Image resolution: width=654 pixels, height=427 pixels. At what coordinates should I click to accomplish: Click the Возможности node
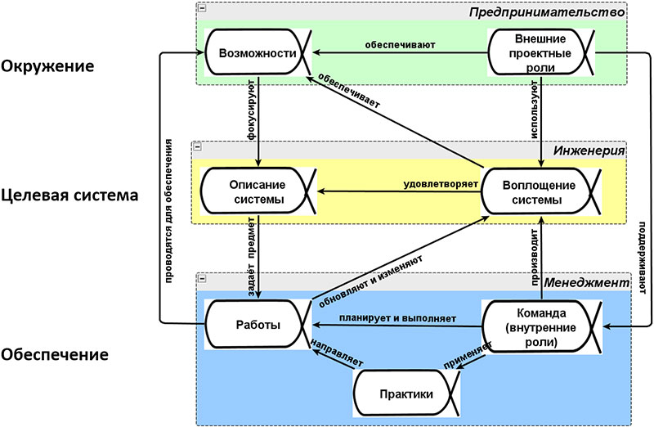[x=257, y=53]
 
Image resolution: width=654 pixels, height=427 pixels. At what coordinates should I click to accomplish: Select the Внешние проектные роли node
[x=542, y=52]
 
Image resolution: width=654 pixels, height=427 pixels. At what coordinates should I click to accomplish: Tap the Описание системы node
[x=257, y=192]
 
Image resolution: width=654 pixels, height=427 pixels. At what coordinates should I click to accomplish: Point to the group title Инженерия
[x=589, y=150]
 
